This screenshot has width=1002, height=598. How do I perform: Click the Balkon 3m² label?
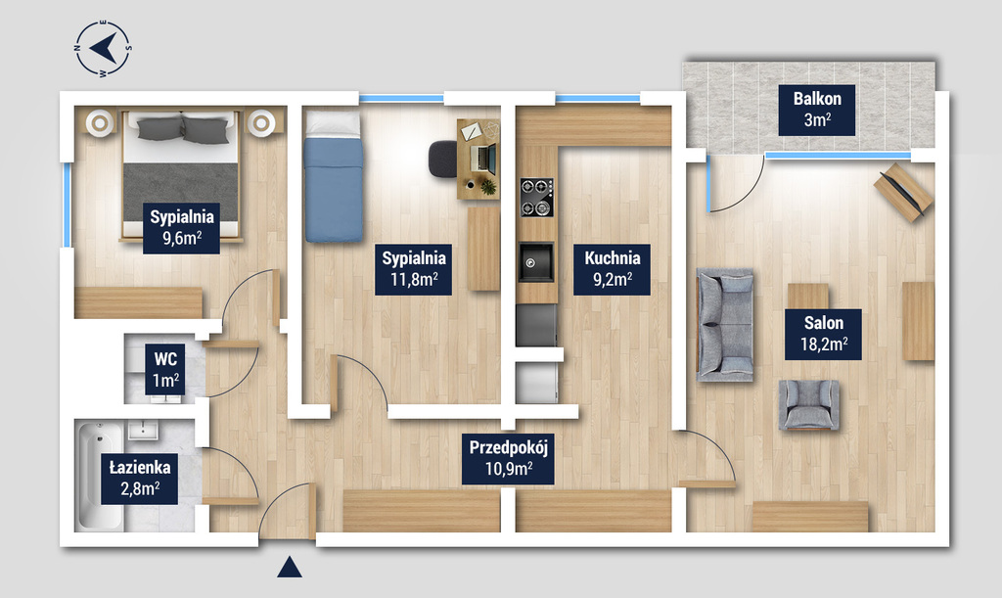click(x=817, y=110)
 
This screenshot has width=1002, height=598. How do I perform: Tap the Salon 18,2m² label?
click(x=823, y=334)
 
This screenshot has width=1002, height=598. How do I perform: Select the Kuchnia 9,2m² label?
click(x=612, y=269)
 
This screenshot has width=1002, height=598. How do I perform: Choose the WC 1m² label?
click(x=164, y=370)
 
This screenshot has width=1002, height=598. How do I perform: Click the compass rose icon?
click(x=103, y=48)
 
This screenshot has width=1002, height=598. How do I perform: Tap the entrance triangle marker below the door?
click(x=289, y=567)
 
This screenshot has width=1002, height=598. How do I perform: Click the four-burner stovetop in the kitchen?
click(x=536, y=197)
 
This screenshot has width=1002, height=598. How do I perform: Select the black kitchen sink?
click(x=536, y=261)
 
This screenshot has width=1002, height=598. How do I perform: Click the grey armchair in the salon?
click(x=808, y=405)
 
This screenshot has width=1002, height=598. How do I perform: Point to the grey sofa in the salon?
click(x=724, y=325)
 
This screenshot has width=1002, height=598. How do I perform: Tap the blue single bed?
click(x=333, y=177)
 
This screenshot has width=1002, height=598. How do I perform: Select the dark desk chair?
click(x=442, y=159)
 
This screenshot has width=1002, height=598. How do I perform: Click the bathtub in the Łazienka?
click(x=101, y=476)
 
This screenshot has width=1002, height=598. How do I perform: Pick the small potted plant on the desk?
click(x=488, y=187)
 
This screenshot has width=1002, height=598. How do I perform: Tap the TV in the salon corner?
click(x=902, y=192)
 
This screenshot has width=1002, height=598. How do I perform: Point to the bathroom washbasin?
click(x=139, y=430)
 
